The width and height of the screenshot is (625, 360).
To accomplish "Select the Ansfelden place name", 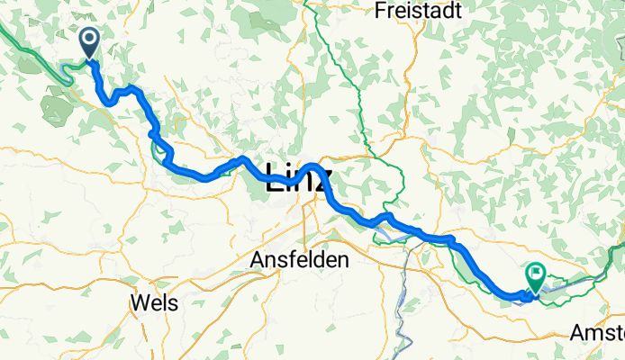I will pos(298,259).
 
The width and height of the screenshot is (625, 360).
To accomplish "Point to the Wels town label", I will pos(154,302).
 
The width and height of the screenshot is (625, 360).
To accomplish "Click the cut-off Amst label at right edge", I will pos(596,333).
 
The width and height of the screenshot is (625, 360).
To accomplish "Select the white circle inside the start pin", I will pos(90,38).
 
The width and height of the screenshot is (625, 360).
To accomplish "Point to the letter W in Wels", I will pos(140,302).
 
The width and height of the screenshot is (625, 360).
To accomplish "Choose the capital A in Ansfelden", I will pos(255,259).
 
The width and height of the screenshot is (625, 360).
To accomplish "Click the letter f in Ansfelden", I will pos(290,259).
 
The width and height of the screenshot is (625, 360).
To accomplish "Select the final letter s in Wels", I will pos(172,303).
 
